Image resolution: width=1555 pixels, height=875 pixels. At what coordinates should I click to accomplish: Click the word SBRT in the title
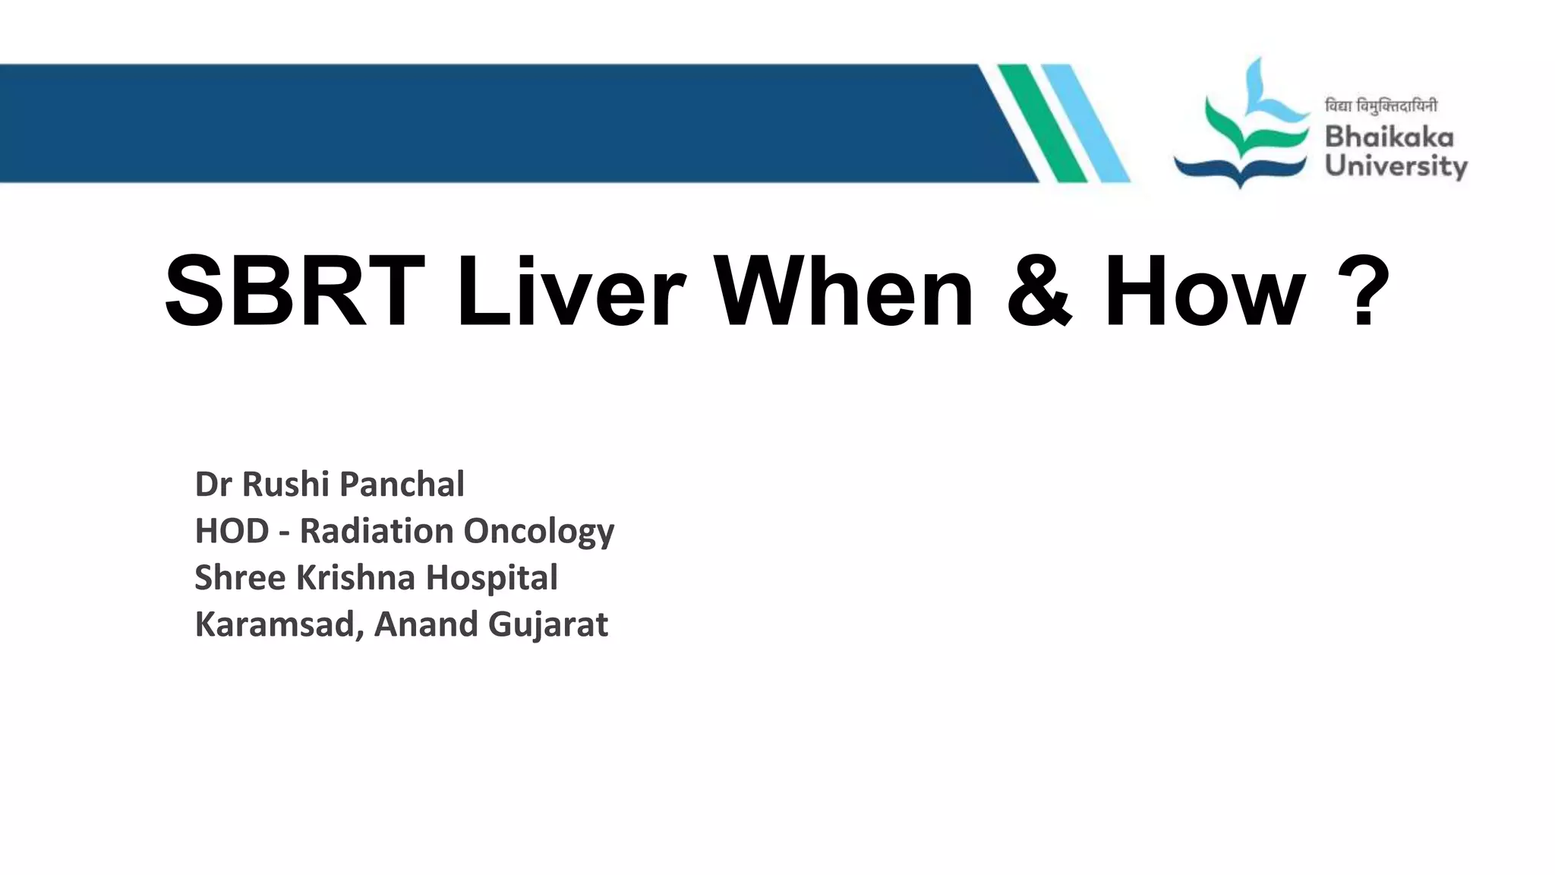pyautogui.click(x=295, y=292)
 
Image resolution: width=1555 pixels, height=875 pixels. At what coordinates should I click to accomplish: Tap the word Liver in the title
pyautogui.click(x=571, y=292)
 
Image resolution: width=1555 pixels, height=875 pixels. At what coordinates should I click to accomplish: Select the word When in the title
pyautogui.click(x=844, y=292)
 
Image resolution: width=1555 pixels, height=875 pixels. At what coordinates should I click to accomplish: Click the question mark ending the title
pyautogui.click(x=1363, y=292)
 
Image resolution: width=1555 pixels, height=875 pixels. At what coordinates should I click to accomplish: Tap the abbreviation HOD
pyautogui.click(x=232, y=531)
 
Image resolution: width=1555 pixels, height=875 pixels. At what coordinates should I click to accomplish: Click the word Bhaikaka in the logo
pyautogui.click(x=1389, y=137)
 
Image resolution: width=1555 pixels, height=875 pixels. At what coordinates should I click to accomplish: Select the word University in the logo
pyautogui.click(x=1396, y=166)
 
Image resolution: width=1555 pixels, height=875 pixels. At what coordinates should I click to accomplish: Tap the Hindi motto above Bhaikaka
pyautogui.click(x=1380, y=106)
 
